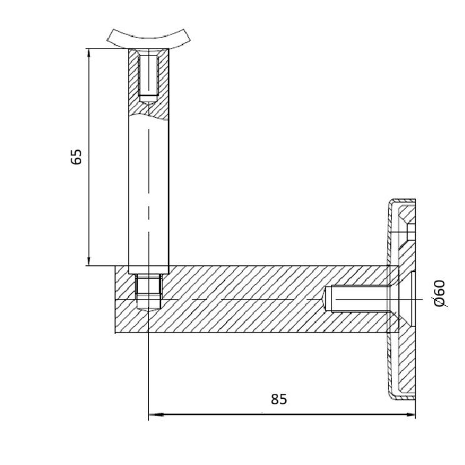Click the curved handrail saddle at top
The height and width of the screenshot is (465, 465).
click(149, 38)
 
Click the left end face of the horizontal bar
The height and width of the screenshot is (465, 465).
click(115, 300)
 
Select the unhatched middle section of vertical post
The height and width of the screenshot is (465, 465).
click(148, 191)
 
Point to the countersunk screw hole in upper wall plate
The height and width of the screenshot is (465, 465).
click(408, 232)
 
